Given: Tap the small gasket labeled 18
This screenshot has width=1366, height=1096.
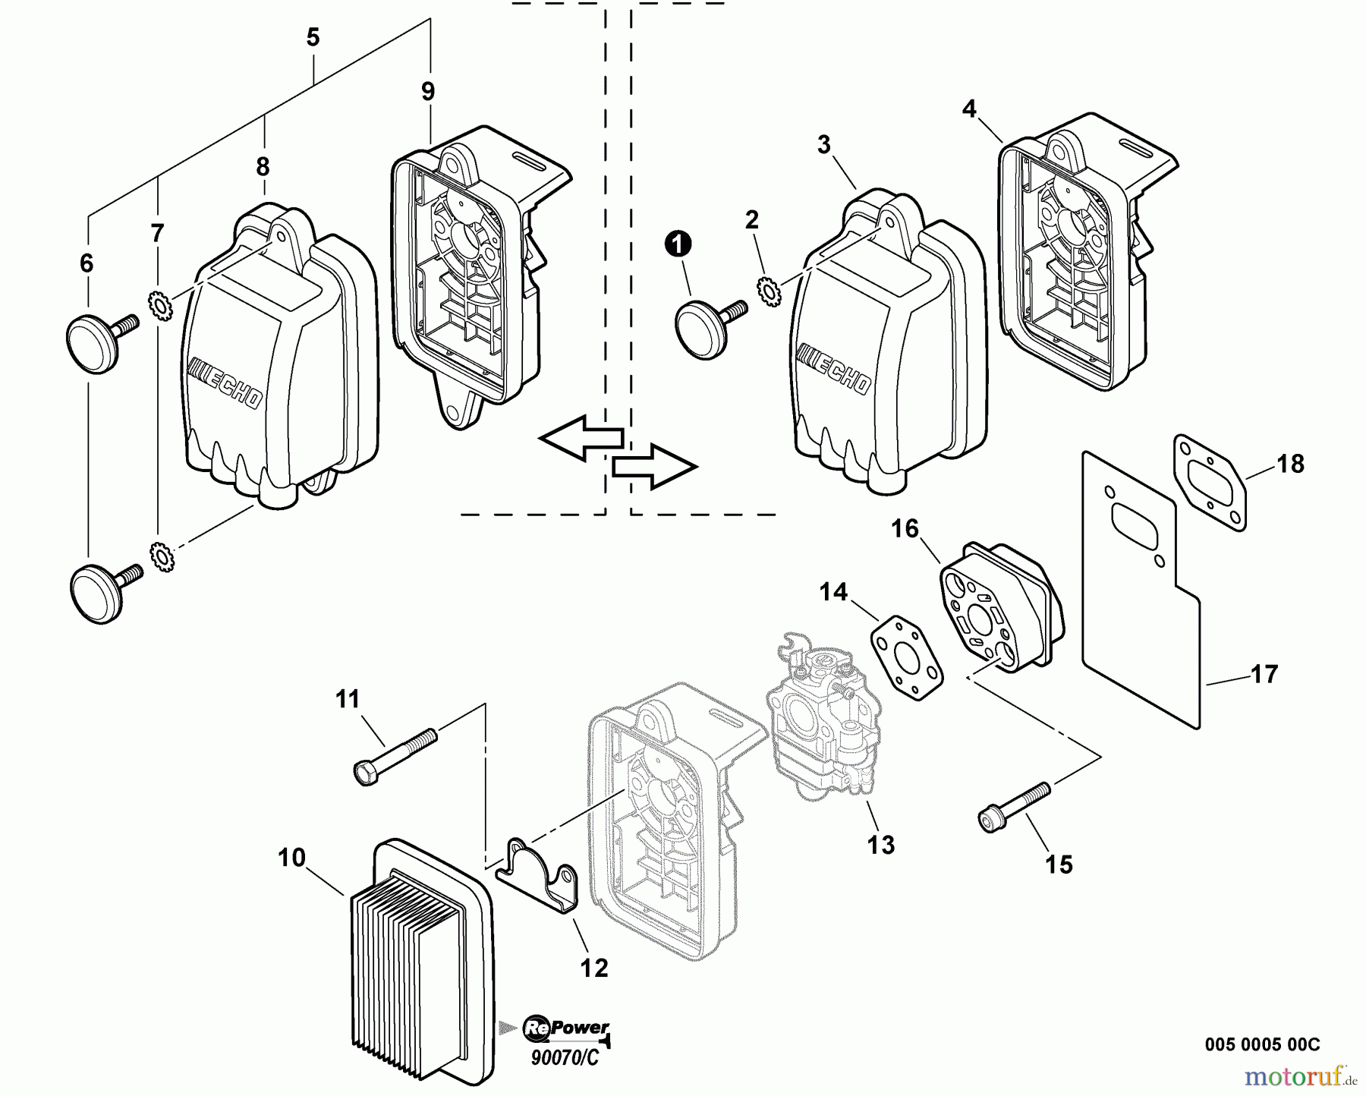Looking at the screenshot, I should pos(1211,481).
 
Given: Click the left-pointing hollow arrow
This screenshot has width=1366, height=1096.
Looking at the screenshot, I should pos(581,438).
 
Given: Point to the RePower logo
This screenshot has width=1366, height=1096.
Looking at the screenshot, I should pos(565,1028).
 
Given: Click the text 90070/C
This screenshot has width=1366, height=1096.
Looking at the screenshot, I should pos(565,1057).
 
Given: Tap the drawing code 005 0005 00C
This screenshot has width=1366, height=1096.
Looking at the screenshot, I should pos(1262,1044).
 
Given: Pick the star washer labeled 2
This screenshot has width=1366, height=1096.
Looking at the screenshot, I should pos(768,291).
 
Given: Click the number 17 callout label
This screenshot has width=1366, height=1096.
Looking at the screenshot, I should pos(1264,674).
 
